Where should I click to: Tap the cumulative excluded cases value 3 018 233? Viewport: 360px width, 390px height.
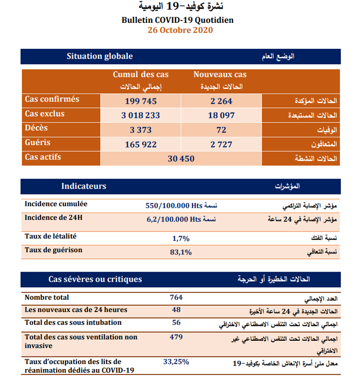click(140, 116)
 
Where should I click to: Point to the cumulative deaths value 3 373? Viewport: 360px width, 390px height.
click(140, 130)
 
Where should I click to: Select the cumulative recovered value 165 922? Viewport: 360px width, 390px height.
click(140, 144)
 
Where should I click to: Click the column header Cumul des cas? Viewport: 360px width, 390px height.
click(140, 75)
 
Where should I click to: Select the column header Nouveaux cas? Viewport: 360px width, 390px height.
click(220, 75)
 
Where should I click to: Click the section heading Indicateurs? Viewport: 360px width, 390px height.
click(83, 186)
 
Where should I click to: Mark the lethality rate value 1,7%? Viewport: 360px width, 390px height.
click(181, 238)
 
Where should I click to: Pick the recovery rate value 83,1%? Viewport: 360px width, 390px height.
click(181, 252)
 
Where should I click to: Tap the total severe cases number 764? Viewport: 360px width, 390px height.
click(176, 297)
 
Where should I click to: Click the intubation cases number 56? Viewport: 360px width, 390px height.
click(176, 323)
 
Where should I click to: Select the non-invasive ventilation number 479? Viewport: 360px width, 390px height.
click(176, 337)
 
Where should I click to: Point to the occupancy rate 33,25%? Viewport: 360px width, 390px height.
click(176, 362)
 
